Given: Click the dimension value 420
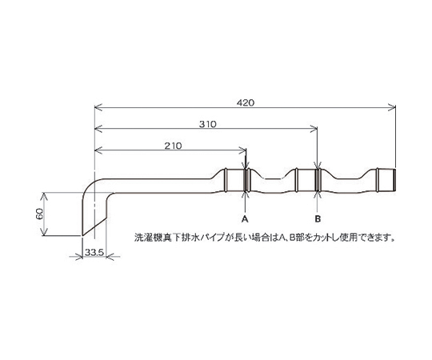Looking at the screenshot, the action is point(246,102).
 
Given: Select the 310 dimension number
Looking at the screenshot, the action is point(208,124).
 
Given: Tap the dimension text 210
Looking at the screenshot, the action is point(174,146).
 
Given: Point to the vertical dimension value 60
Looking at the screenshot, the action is point(39,214).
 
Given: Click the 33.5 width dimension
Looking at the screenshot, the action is point(94,252).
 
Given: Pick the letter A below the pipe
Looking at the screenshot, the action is point(245,219).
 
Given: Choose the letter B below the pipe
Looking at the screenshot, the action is point(318,219).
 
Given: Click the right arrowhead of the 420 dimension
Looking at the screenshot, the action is point(392,107).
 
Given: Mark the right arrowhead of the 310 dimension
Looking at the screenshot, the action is point(314,128).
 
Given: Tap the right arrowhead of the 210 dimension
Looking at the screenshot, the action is point(242,150).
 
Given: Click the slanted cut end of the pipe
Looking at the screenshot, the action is point(94,227).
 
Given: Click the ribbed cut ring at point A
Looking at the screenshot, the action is point(246,180).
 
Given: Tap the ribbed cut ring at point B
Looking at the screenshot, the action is point(318,180).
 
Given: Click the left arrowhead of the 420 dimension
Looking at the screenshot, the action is point(98,107).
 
